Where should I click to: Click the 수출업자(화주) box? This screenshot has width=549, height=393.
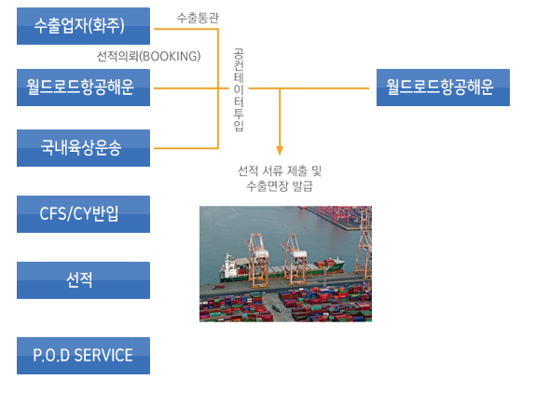pyautogui.click(x=83, y=26)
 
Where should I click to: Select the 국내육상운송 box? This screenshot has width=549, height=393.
pyautogui.click(x=83, y=148)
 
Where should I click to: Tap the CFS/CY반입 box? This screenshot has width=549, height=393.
pyautogui.click(x=83, y=214)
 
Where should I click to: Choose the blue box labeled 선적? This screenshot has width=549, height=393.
pyautogui.click(x=83, y=280)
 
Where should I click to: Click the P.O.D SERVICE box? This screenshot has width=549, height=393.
pyautogui.click(x=83, y=356)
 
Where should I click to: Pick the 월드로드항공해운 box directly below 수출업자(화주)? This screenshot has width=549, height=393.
pyautogui.click(x=83, y=88)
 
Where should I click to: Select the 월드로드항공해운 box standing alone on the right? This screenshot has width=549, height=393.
pyautogui.click(x=443, y=88)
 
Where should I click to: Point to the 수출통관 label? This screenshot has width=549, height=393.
pyautogui.click(x=198, y=18)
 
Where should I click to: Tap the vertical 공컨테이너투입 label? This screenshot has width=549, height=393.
pyautogui.click(x=239, y=90)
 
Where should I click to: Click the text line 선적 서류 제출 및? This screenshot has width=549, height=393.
pyautogui.click(x=280, y=171)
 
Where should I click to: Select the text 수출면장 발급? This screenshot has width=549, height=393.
pyautogui.click(x=280, y=186)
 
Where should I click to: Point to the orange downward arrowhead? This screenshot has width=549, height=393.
pyautogui.click(x=280, y=151)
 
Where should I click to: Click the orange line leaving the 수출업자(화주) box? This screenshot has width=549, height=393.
pyautogui.click(x=185, y=29)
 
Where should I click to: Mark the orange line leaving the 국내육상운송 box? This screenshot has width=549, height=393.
pyautogui.click(x=185, y=148)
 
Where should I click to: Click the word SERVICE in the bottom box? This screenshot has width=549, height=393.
pyautogui.click(x=103, y=356)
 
